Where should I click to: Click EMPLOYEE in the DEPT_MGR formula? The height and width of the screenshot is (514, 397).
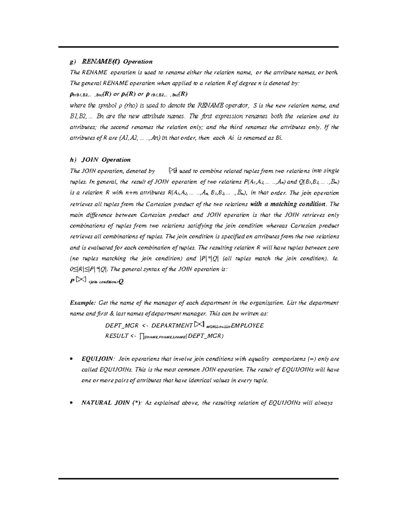click(247, 326)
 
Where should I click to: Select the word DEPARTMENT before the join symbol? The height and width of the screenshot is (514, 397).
click(172, 326)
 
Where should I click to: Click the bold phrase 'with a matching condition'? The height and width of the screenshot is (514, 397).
click(288, 204)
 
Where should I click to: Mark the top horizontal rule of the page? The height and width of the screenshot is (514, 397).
click(198, 47)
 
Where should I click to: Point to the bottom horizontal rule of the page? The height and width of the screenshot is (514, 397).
click(198, 479)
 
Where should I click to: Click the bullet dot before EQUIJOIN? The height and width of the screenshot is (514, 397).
click(72, 359)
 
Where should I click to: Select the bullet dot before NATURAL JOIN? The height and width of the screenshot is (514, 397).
click(72, 403)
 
